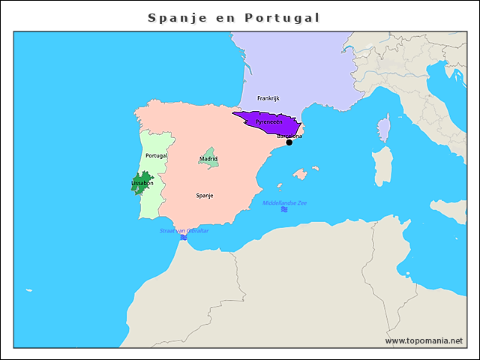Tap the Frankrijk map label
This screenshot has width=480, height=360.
(268, 98)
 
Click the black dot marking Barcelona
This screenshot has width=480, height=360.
(289, 142)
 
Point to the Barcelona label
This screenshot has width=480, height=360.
(289, 136)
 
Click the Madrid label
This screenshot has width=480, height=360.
(208, 159)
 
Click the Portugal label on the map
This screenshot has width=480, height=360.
(156, 155)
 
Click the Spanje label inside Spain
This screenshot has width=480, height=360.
(205, 195)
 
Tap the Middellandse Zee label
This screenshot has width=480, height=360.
(284, 203)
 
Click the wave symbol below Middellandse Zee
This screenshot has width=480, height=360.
(284, 210)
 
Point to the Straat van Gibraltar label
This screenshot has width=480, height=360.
(184, 230)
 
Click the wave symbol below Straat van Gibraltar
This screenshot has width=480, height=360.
(184, 237)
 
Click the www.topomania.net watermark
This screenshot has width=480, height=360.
(424, 340)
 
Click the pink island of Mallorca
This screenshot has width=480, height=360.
(300, 174)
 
